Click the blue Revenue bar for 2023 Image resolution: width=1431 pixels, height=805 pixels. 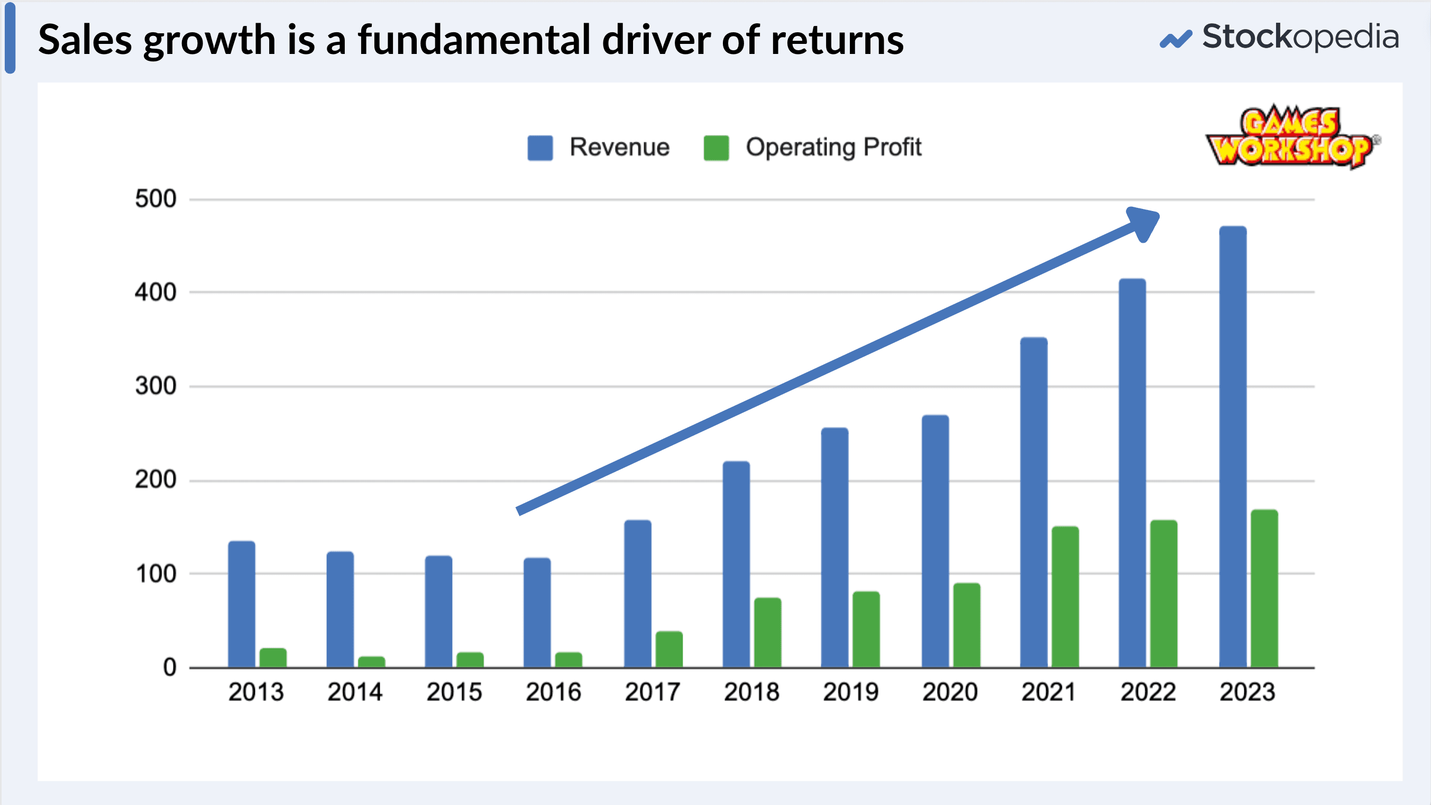(x=1232, y=447)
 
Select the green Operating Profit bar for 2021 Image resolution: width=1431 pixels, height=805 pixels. (x=1065, y=597)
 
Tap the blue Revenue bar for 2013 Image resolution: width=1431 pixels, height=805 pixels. (x=242, y=605)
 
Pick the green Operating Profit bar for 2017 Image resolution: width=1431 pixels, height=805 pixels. (x=669, y=650)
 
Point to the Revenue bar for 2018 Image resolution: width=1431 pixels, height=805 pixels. (x=736, y=564)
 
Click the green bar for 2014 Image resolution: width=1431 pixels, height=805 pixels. (x=371, y=662)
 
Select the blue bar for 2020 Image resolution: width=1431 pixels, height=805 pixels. (x=935, y=542)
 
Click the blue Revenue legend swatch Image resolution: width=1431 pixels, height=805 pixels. (x=540, y=148)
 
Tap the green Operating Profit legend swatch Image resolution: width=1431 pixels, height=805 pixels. (x=716, y=148)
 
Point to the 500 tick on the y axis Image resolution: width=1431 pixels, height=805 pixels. (x=155, y=199)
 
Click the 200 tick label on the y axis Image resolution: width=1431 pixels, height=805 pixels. (x=155, y=480)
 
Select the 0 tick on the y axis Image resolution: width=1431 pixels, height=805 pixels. (x=169, y=667)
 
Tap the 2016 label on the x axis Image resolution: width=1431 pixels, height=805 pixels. (x=553, y=692)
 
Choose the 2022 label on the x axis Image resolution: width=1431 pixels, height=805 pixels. (x=1148, y=692)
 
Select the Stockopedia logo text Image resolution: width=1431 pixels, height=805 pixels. (x=1300, y=37)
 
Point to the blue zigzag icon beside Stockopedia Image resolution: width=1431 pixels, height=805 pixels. (x=1176, y=39)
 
